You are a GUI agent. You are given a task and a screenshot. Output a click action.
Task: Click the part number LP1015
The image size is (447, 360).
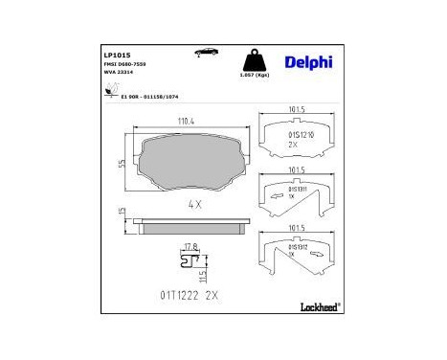pyautogui.click(x=117, y=55)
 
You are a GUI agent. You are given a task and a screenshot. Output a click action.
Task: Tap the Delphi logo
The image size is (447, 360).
pyautogui.click(x=311, y=61)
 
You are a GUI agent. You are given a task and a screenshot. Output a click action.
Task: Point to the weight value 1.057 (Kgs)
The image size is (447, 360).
pyautogui.click(x=253, y=75)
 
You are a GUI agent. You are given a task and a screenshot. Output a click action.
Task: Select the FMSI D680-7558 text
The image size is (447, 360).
pyautogui.click(x=125, y=64)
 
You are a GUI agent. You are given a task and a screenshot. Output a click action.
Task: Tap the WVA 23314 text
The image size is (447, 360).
pyautogui.click(x=119, y=73)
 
